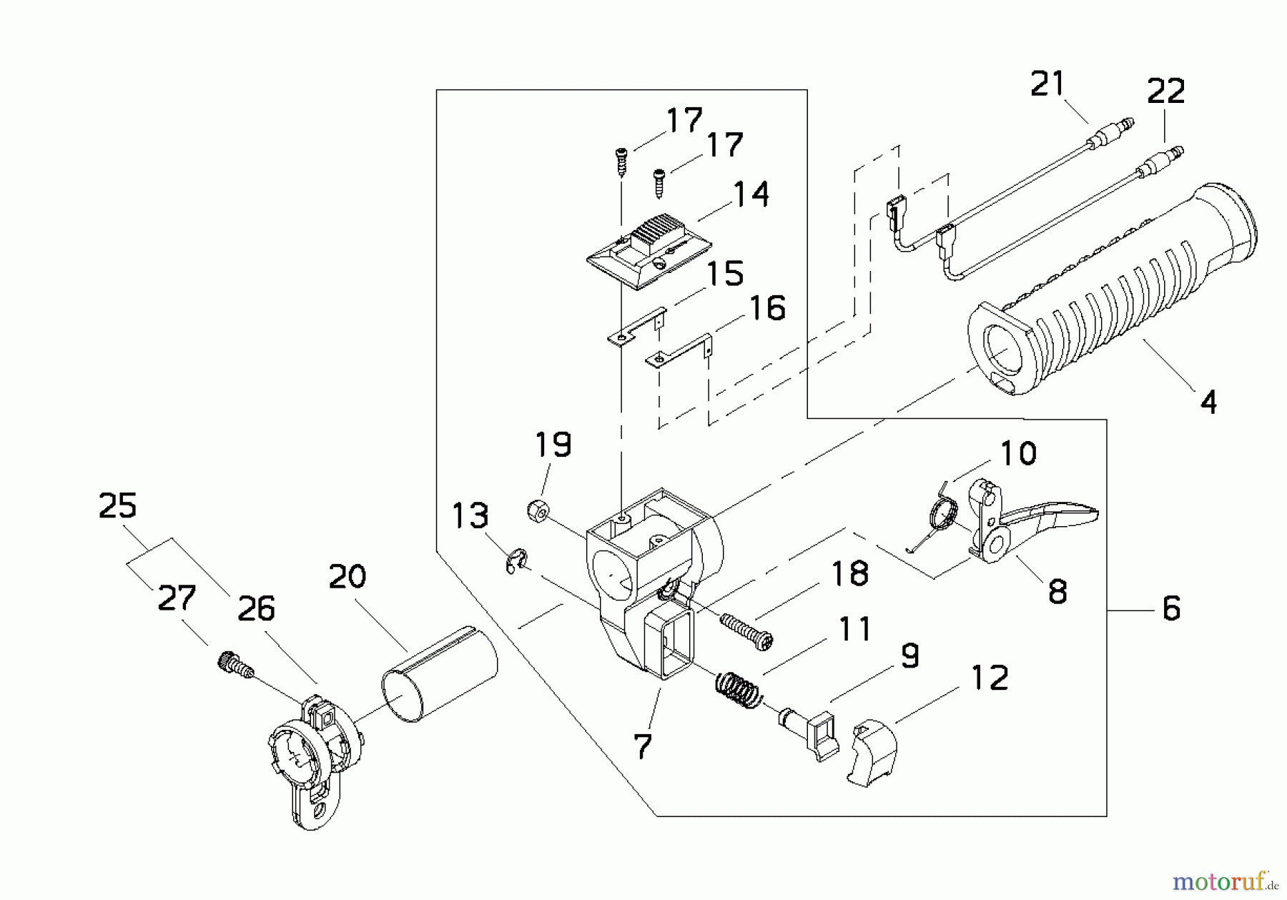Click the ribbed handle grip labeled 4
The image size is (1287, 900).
[x=1115, y=293]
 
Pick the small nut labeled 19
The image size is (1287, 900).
[x=538, y=513]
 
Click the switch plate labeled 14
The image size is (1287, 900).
[x=647, y=251]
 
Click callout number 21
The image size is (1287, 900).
[x=1047, y=84]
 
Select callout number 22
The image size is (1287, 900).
[x=1165, y=92]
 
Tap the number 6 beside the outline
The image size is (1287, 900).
[x=1170, y=609]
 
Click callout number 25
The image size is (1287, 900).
[x=118, y=506]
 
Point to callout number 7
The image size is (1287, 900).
[x=642, y=747]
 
